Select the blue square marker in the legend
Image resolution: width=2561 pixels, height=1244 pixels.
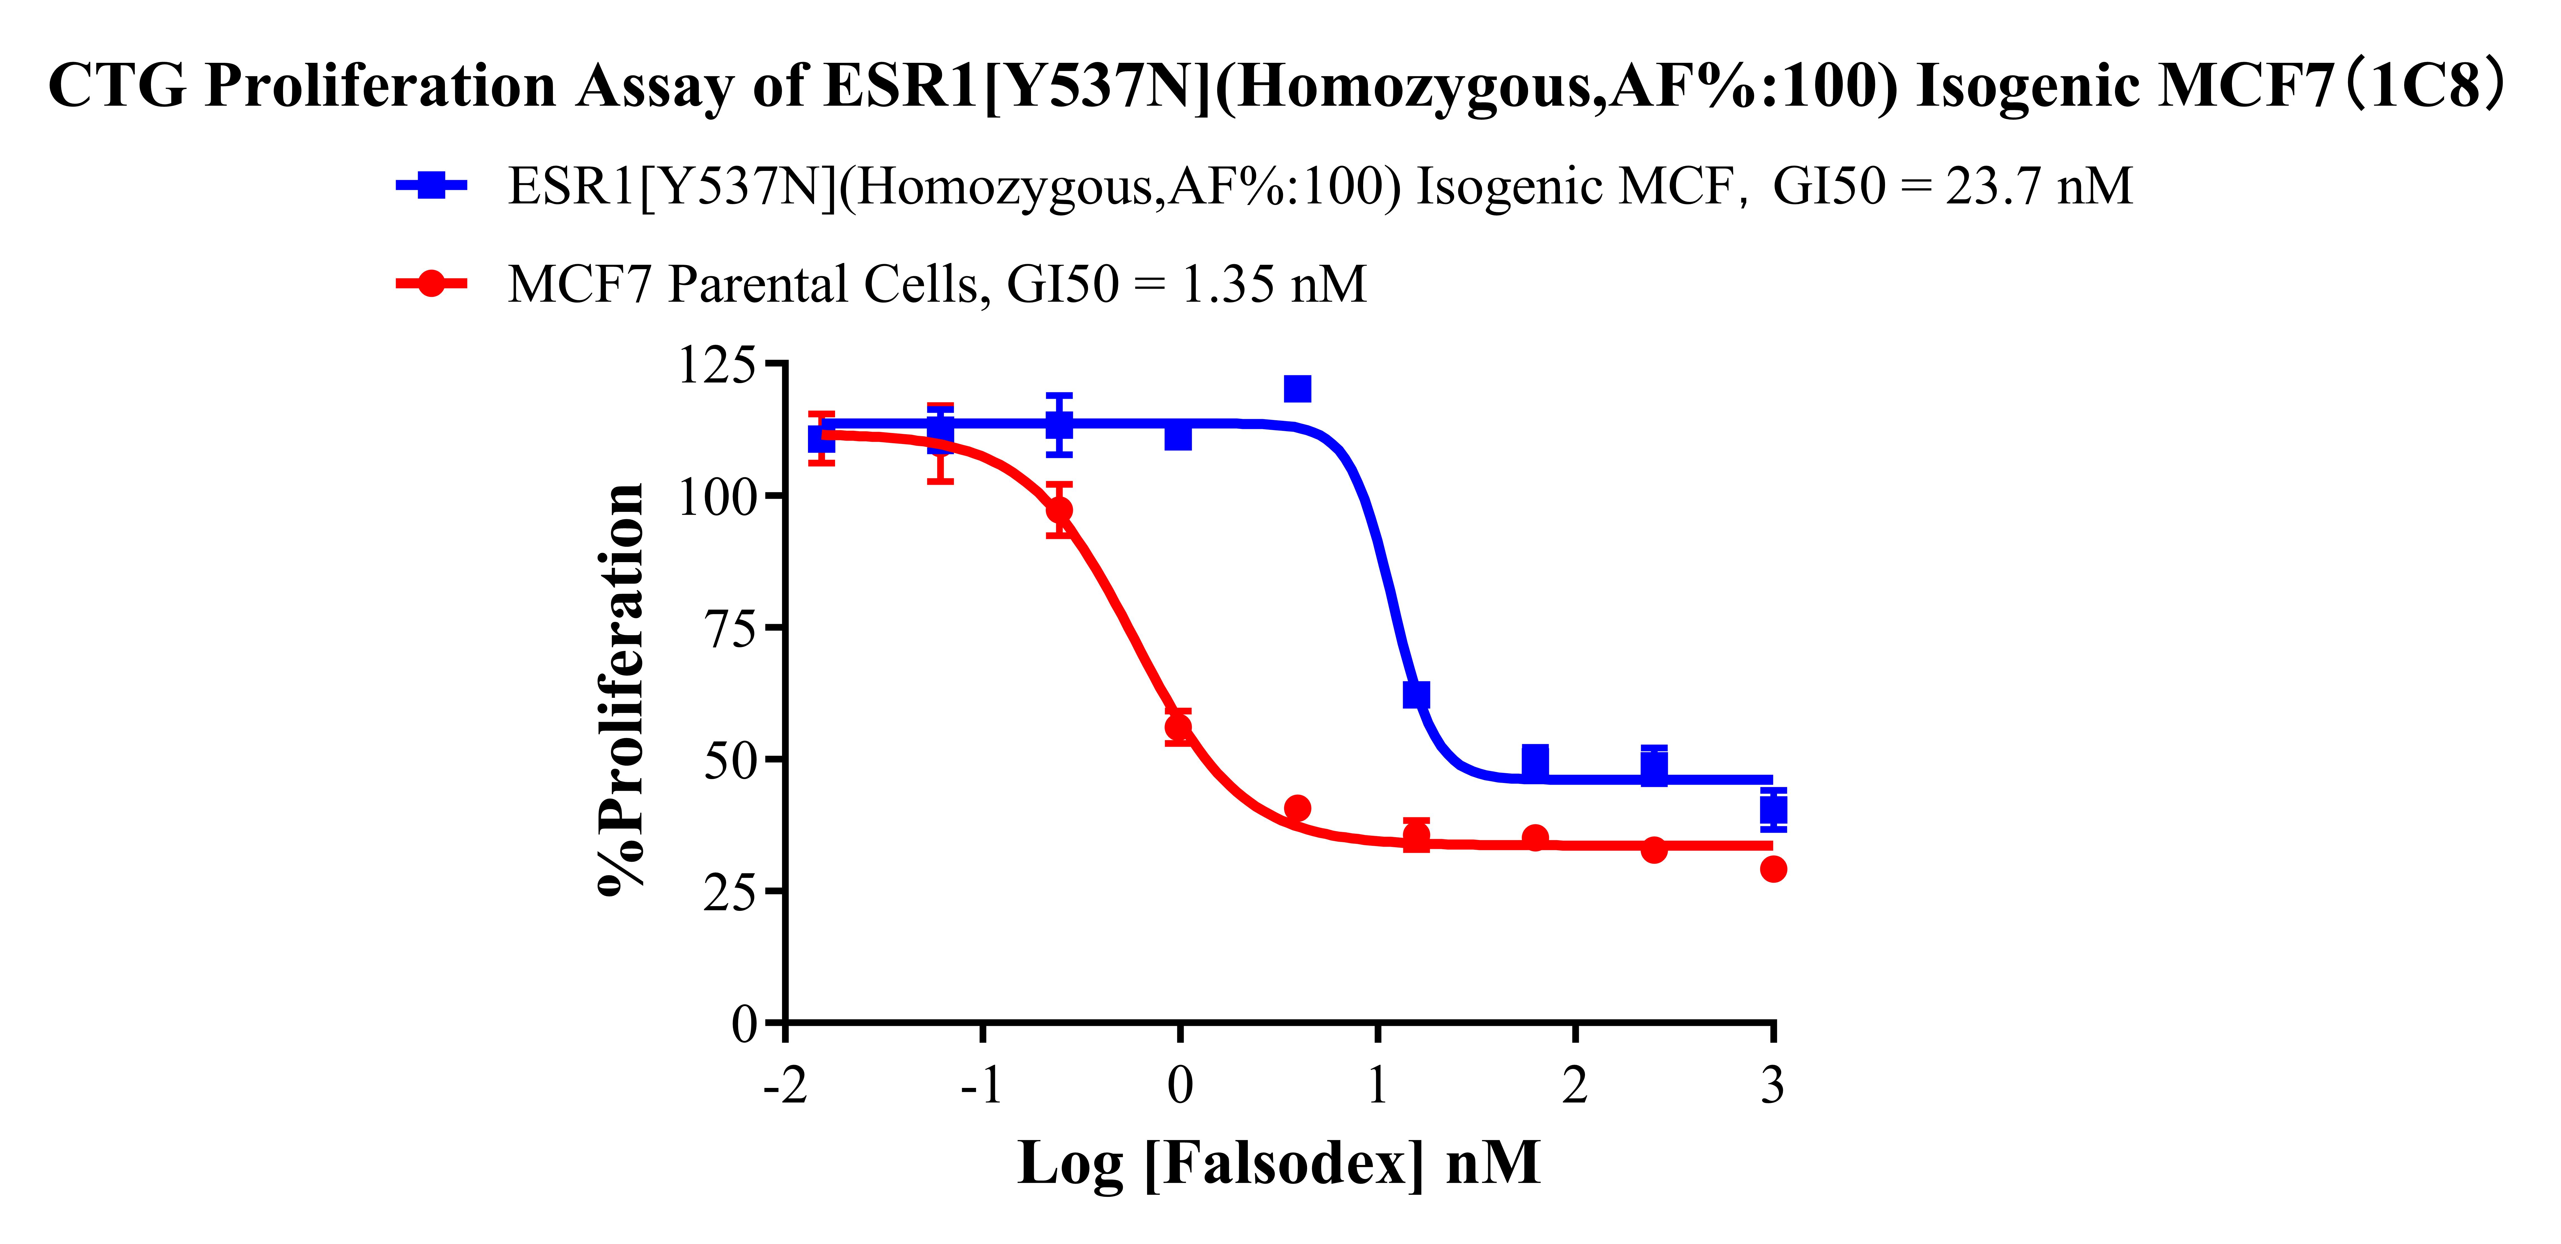pos(431,185)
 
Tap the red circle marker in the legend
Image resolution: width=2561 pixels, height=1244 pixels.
pos(431,283)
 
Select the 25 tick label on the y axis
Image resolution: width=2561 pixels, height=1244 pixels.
pos(729,891)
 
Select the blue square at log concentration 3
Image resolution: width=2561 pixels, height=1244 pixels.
pos(1773,808)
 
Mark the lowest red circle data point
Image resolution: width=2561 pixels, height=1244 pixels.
pos(1773,869)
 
